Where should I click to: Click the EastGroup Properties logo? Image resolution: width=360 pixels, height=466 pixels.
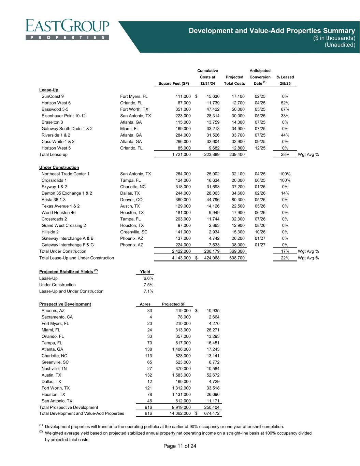(67, 30)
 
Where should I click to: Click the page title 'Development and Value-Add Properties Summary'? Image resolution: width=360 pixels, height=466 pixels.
(272, 31)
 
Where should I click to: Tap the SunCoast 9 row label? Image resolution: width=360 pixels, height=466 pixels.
(53, 96)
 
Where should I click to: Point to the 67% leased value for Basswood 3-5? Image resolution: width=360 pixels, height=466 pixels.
(285, 109)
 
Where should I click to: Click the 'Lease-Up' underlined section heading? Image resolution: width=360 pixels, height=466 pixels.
(49, 90)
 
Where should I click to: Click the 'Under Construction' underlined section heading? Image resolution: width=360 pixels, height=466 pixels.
(59, 168)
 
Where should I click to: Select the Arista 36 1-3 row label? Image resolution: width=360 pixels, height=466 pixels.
(54, 200)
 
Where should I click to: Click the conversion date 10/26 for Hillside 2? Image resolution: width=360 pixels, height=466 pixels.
(260, 232)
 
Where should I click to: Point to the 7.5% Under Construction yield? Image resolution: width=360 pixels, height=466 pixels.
(148, 285)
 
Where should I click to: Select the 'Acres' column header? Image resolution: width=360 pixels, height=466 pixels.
(145, 304)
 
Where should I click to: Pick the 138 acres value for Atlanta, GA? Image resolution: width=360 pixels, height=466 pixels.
(148, 349)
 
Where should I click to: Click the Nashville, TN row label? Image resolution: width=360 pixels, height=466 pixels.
(54, 369)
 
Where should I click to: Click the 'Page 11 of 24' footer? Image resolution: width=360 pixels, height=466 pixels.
(180, 446)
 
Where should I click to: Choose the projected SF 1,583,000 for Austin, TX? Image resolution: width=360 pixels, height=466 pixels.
(181, 375)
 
